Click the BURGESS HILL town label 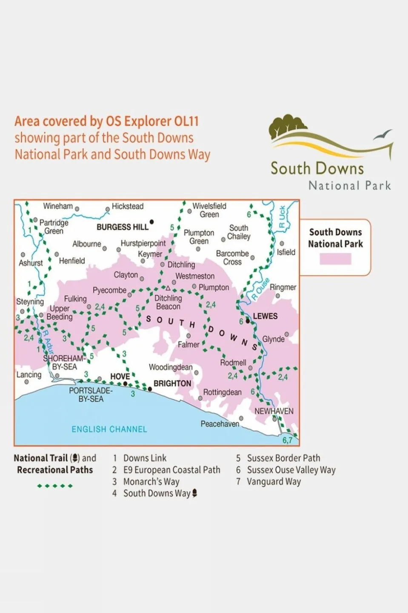pyautogui.click(x=122, y=227)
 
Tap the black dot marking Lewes pyautogui.click(x=248, y=321)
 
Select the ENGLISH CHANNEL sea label pyautogui.click(x=109, y=429)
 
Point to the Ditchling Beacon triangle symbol pyautogui.click(x=168, y=288)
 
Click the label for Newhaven pyautogui.click(x=274, y=411)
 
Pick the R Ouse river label pyautogui.click(x=260, y=289)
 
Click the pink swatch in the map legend pyautogui.click(x=335, y=259)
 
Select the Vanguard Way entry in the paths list pyautogui.click(x=274, y=482)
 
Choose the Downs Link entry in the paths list pyautogui.click(x=145, y=458)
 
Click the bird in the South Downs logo pyautogui.click(x=382, y=135)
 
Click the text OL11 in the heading pyautogui.click(x=186, y=121)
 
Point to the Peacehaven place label pyautogui.click(x=220, y=424)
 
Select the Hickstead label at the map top pyautogui.click(x=127, y=206)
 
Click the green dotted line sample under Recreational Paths pyautogui.click(x=55, y=486)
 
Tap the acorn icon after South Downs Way pyautogui.click(x=195, y=493)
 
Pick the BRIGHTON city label pyautogui.click(x=172, y=383)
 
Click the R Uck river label pyautogui.click(x=282, y=217)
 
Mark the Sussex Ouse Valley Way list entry pyautogui.click(x=291, y=470)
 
